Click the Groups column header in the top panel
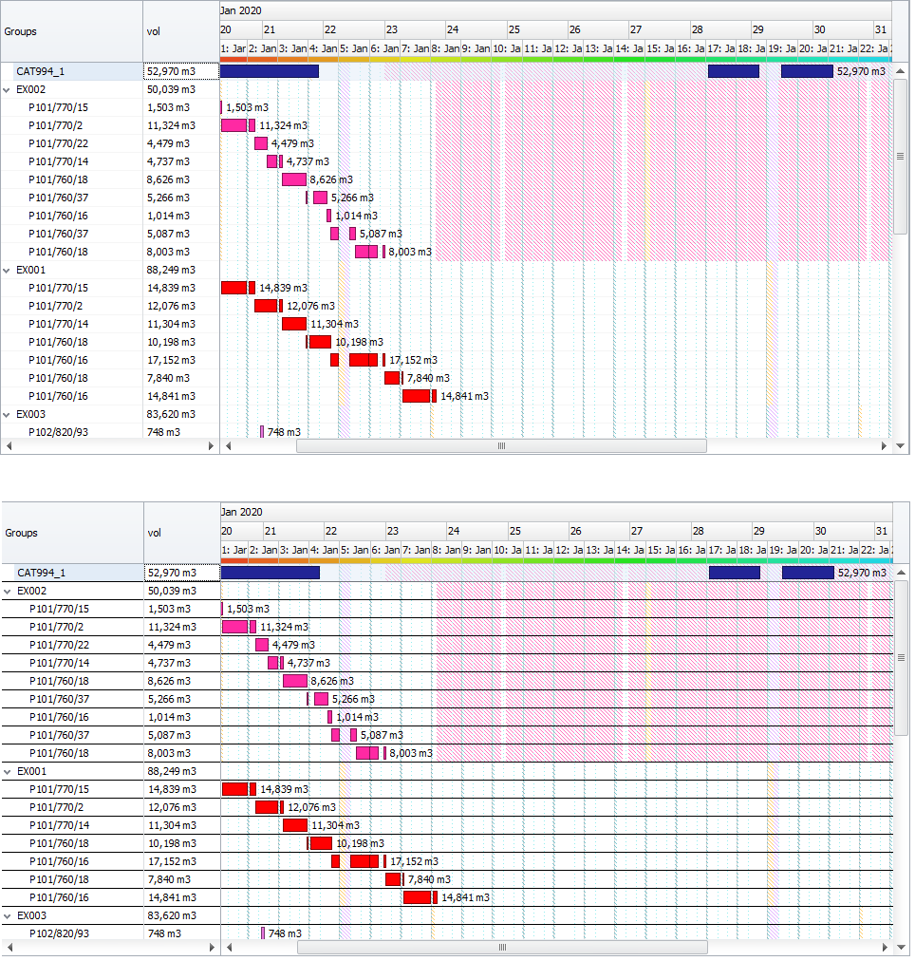pyautogui.click(x=21, y=30)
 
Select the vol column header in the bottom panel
pyautogui.click(x=154, y=533)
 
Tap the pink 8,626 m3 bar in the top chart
pyautogui.click(x=294, y=179)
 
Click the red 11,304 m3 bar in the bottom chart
pyautogui.click(x=295, y=825)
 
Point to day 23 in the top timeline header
pyautogui.click(x=391, y=29)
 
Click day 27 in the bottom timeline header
pyautogui.click(x=637, y=531)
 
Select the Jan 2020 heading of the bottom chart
pyautogui.click(x=242, y=512)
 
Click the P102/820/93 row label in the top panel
pyautogui.click(x=58, y=432)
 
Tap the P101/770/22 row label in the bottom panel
pyautogui.click(x=59, y=645)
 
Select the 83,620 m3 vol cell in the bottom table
pyautogui.click(x=172, y=915)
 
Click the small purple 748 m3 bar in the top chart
pyautogui.click(x=262, y=432)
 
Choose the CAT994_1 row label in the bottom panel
pyautogui.click(x=42, y=573)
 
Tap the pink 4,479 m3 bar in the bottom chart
pyautogui.click(x=262, y=645)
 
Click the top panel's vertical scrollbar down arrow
pyautogui.click(x=900, y=445)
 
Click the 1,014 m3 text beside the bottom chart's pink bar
pyautogui.click(x=357, y=717)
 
